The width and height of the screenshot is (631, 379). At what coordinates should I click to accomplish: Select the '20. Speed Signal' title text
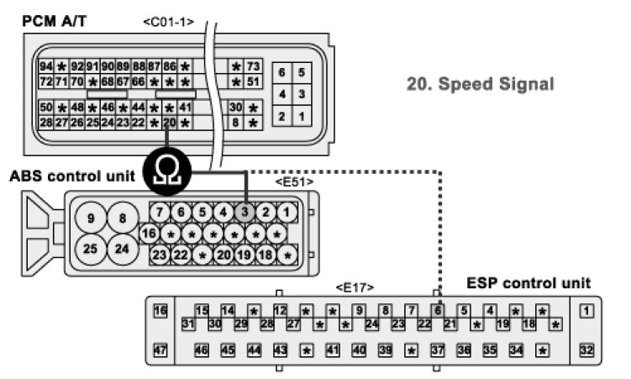point(480,84)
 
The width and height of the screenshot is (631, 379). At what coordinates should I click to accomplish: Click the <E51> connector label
point(294,181)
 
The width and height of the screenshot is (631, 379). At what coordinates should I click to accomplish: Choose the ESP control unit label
point(528,283)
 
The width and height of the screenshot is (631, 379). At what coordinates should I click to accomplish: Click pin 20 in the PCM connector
point(170,123)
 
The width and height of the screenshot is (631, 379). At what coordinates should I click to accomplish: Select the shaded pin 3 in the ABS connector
point(245,212)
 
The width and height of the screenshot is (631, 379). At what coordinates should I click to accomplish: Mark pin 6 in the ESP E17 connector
point(437,310)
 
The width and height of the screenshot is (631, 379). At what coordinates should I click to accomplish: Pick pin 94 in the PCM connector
point(46,66)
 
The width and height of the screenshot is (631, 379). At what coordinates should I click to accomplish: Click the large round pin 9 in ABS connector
point(90,219)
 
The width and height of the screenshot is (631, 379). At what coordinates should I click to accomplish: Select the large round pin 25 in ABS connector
point(90,250)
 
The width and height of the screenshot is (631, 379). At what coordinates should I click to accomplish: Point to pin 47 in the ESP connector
point(161,350)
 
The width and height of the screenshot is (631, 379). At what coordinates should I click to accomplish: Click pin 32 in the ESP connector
point(587,350)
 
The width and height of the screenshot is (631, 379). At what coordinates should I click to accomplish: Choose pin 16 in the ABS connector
point(150,233)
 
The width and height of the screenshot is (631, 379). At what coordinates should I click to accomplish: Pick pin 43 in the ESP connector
point(281,350)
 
